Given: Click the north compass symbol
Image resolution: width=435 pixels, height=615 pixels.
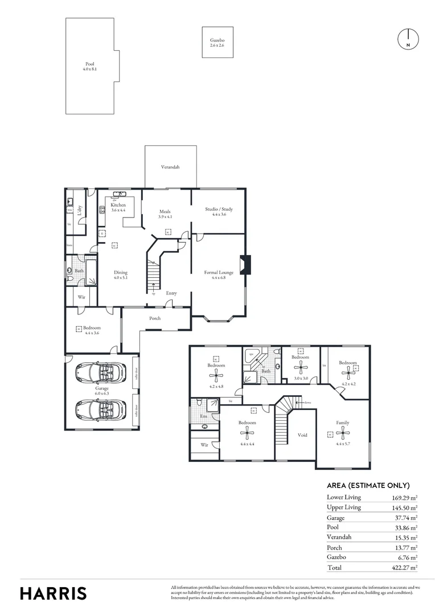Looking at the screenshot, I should (408, 39).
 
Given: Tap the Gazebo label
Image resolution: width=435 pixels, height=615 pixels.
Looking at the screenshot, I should (217, 41).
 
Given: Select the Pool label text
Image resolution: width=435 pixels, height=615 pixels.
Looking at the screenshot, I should (90, 64).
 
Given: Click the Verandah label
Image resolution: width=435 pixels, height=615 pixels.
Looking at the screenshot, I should (170, 167).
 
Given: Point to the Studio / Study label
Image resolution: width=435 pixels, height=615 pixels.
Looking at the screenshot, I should (219, 210).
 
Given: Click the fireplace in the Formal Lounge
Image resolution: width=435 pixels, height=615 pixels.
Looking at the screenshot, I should (245, 265).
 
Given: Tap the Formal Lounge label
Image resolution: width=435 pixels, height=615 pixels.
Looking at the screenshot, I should (219, 273).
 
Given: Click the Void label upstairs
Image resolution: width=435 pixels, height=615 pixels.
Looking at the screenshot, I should (302, 435).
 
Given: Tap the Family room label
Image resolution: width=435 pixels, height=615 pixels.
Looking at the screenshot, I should (342, 423).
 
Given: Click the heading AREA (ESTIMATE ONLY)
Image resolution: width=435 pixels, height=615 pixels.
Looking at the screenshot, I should (368, 486).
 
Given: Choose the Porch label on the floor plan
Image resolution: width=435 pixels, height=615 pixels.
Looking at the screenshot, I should (155, 318).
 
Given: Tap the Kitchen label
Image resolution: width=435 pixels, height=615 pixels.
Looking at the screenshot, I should (118, 205).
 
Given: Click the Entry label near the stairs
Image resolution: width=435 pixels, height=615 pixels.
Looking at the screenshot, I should (171, 293).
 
